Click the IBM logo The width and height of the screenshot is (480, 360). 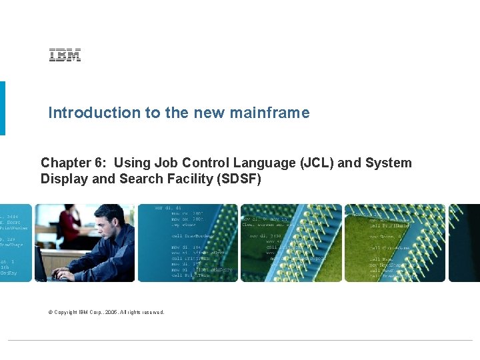(65, 56)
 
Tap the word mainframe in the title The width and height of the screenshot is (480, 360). (269, 113)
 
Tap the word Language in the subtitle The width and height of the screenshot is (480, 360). (259, 163)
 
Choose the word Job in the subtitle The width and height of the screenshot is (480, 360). (166, 163)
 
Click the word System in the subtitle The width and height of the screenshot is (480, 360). (388, 163)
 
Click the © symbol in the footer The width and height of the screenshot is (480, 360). (50, 312)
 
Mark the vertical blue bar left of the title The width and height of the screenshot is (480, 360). (2, 108)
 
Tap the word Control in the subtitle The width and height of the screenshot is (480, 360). (205, 163)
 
